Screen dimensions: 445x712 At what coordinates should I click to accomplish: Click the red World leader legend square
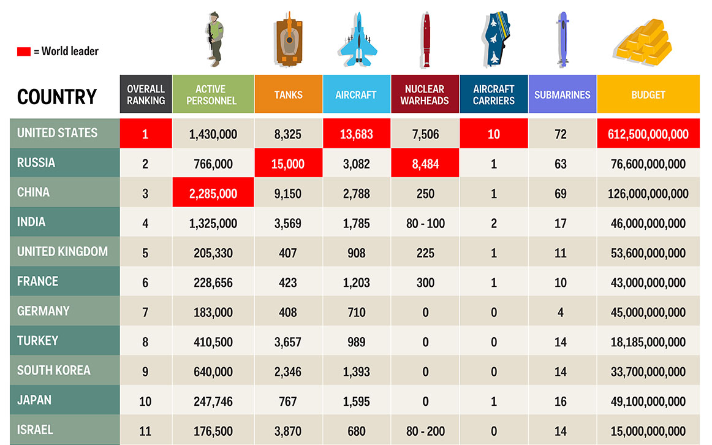[23, 51]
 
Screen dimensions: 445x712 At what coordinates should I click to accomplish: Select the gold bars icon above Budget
[647, 42]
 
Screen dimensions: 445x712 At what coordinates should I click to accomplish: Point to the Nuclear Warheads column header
[425, 94]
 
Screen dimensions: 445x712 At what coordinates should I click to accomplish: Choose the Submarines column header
[562, 94]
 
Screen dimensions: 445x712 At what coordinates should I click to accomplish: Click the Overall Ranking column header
[146, 94]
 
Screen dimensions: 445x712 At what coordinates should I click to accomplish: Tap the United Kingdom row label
[62, 252]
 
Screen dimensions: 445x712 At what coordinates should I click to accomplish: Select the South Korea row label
[54, 370]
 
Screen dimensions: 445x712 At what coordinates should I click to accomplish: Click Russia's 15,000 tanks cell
[288, 164]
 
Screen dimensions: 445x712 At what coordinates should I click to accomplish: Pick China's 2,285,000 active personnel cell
[213, 193]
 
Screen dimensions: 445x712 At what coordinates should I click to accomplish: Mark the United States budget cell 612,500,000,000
[648, 134]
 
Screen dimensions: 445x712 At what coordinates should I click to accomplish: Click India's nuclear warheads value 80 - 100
[425, 223]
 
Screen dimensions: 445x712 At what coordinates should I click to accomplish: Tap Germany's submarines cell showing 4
[561, 312]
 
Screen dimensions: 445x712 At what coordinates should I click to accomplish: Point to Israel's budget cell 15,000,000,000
[648, 431]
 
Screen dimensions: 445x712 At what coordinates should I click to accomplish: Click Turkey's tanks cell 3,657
[288, 342]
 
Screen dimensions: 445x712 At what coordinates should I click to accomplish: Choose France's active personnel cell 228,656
[213, 283]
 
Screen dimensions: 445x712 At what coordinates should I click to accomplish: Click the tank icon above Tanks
[288, 40]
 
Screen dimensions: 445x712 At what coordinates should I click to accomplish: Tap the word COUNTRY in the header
[57, 97]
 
